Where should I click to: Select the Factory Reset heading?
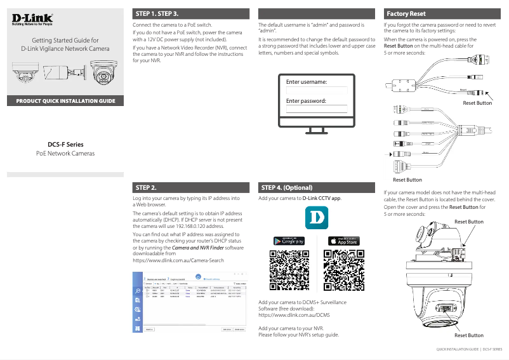pyautogui.click(x=406, y=13)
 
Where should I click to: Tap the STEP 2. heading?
pyautogui.click(x=147, y=188)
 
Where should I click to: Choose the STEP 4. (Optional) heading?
pyautogui.click(x=287, y=188)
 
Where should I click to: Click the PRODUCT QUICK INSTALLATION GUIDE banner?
pyautogui.click(x=65, y=101)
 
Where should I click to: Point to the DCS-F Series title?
pyautogui.click(x=65, y=144)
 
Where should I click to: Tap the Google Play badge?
pyautogui.click(x=289, y=241)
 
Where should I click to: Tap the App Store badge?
pyautogui.click(x=343, y=241)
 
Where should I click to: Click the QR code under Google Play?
pyautogui.click(x=289, y=270)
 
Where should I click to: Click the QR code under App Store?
pyautogui.click(x=343, y=270)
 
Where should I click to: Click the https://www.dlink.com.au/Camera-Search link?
pyautogui.click(x=178, y=261)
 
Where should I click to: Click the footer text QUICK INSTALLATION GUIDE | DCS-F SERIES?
pyautogui.click(x=468, y=349)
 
